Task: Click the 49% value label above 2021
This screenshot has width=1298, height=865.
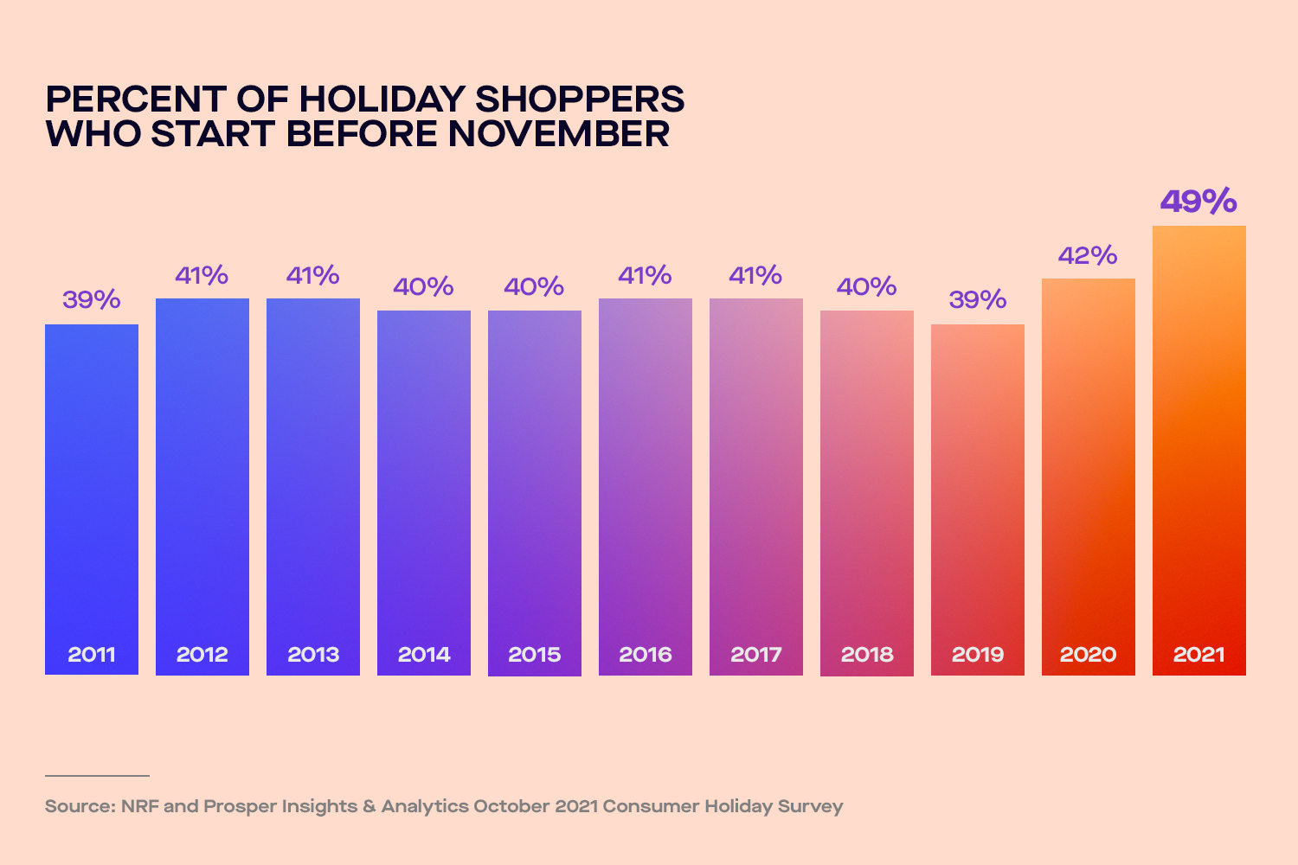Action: point(1198,202)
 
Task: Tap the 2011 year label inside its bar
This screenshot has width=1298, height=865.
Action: point(92,655)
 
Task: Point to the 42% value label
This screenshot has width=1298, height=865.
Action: point(1088,256)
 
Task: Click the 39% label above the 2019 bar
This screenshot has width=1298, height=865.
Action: point(977,300)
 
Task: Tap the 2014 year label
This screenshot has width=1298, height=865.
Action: point(424,655)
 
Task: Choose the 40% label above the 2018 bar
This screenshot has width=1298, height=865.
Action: point(866,287)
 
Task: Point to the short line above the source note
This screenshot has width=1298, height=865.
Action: point(97,776)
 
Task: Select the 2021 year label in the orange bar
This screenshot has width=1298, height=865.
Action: point(1198,655)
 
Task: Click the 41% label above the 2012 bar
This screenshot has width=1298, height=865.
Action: point(202,276)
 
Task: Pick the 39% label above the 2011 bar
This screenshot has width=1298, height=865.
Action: point(92,300)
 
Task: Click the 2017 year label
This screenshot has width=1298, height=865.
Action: point(755,655)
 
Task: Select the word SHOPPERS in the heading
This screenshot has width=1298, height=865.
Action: point(580,99)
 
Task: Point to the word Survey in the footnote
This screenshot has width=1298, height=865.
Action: point(810,806)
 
